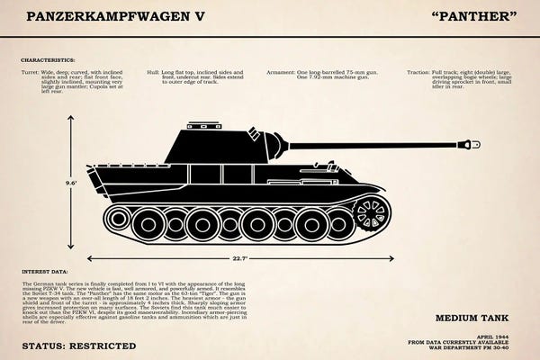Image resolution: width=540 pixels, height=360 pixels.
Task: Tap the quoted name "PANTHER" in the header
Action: (474, 15)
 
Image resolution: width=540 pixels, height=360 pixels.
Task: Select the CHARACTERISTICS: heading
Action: (49, 61)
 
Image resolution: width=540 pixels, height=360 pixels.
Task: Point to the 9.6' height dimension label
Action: (70, 183)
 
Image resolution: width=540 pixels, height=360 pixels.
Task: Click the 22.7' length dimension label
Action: (238, 258)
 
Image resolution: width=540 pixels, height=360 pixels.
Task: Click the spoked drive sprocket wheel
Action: (370, 213)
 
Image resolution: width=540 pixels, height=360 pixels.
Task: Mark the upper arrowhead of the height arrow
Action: (70, 118)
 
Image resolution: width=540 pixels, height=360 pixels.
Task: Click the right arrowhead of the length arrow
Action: (390, 258)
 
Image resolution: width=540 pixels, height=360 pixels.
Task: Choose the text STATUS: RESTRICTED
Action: (79, 346)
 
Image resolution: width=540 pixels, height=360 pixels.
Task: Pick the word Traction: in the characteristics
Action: (418, 70)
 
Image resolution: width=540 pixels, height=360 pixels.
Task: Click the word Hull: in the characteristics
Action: (154, 70)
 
